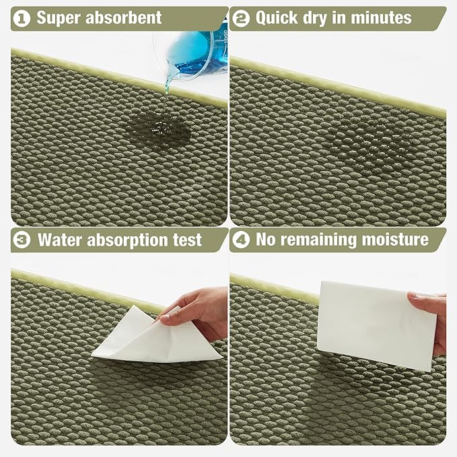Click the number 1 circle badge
[x=22, y=17]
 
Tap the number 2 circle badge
[x=242, y=17]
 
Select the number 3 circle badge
[x=22, y=240]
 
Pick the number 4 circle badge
[x=242, y=240]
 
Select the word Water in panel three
[x=60, y=240]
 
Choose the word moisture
[x=397, y=240]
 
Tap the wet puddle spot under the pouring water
[x=155, y=125]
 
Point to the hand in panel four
[x=431, y=316]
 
